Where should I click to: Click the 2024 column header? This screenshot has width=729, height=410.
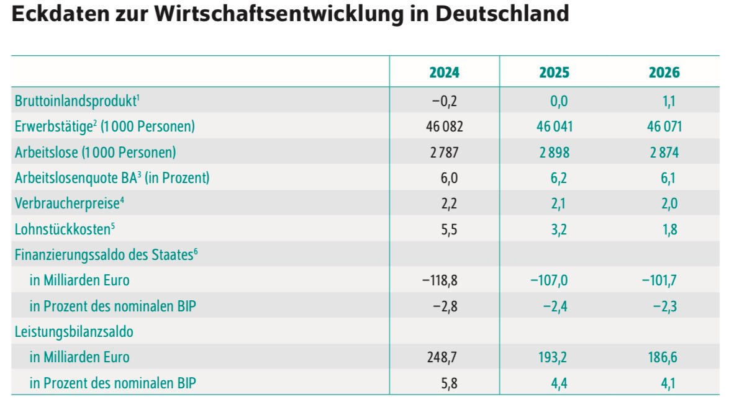(x=444, y=73)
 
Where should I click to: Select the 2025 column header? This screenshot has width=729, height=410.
(x=554, y=73)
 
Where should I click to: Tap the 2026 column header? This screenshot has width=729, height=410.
(x=664, y=73)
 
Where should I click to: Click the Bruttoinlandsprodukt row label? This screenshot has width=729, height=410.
(x=77, y=100)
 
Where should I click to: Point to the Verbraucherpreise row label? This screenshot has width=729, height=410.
(x=70, y=203)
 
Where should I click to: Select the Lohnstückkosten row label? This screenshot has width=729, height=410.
(x=65, y=229)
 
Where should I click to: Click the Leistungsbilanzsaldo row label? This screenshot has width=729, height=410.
(x=74, y=331)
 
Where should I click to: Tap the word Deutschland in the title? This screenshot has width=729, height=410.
(x=502, y=14)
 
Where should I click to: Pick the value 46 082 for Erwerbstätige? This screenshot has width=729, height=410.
(x=445, y=127)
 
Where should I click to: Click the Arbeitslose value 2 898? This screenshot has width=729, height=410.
(x=554, y=153)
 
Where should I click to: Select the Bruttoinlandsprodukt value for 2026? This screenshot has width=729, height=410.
(x=669, y=101)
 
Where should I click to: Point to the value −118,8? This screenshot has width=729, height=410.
(x=440, y=280)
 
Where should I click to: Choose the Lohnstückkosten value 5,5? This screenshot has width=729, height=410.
(x=449, y=230)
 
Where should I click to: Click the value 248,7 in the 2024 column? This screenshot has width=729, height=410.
(x=442, y=357)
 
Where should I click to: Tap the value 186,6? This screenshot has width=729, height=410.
(x=663, y=357)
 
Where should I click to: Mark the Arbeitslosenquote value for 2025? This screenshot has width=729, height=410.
(x=559, y=178)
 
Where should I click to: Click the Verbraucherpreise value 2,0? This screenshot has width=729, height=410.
(x=669, y=203)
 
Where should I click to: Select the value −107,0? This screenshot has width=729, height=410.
(x=549, y=280)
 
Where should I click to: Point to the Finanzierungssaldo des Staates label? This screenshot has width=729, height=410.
(x=106, y=254)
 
